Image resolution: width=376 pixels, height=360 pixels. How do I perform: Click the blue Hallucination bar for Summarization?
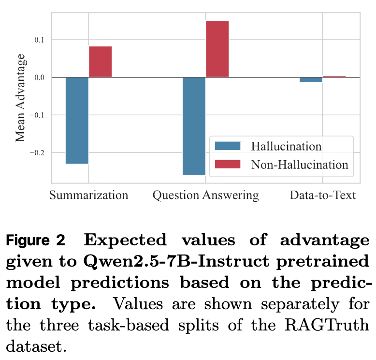(x=77, y=120)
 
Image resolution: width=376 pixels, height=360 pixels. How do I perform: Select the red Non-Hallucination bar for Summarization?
(x=100, y=62)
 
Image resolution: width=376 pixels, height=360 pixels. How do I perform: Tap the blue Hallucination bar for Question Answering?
(x=194, y=126)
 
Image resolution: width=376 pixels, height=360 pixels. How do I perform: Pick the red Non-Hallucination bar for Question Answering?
(x=217, y=49)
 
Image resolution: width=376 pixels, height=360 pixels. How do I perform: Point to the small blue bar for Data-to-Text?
(x=311, y=79)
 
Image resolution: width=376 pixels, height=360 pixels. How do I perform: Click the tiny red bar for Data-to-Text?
(x=334, y=76)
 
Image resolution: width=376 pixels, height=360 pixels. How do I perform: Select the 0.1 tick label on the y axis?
(x=39, y=40)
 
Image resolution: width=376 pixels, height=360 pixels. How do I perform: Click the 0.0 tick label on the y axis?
(x=39, y=77)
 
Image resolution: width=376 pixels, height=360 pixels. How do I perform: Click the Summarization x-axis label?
(x=88, y=195)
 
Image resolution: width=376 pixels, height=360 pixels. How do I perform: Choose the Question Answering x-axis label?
(x=205, y=195)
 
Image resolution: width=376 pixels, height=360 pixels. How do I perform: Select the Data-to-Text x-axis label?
(x=322, y=195)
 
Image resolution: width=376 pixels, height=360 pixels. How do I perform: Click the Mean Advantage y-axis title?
(x=20, y=97)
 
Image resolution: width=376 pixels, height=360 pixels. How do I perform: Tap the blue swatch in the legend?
(x=227, y=146)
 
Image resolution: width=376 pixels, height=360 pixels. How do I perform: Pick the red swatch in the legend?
(x=227, y=165)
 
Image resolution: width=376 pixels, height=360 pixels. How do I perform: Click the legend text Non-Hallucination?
(x=299, y=165)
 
